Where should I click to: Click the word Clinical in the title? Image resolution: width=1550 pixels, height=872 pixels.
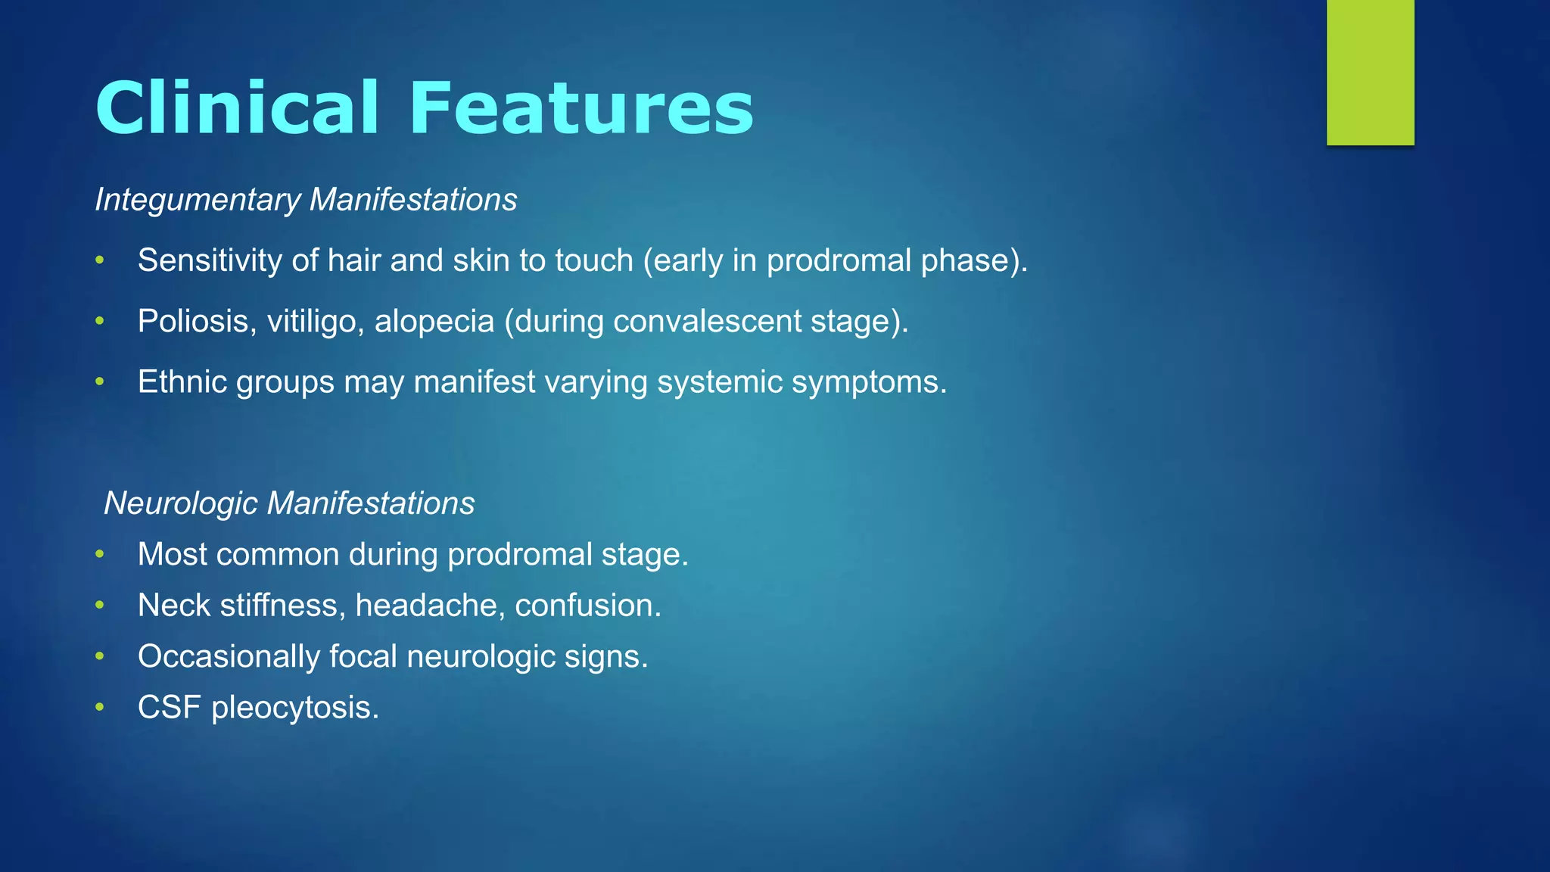coord(236,108)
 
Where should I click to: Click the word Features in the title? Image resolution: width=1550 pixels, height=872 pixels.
coord(580,108)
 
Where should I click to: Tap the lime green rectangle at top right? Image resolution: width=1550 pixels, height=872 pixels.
coord(1370,72)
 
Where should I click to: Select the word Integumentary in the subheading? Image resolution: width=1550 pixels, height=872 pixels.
coord(198,201)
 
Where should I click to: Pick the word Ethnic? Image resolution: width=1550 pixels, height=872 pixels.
coord(182,381)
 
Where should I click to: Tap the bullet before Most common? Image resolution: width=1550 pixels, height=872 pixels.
coord(99,555)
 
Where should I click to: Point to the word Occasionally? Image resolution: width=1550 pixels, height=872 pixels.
coord(228,657)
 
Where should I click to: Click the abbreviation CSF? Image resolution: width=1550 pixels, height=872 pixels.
coord(169,708)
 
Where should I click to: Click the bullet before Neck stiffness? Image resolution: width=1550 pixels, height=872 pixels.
coord(99,606)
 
